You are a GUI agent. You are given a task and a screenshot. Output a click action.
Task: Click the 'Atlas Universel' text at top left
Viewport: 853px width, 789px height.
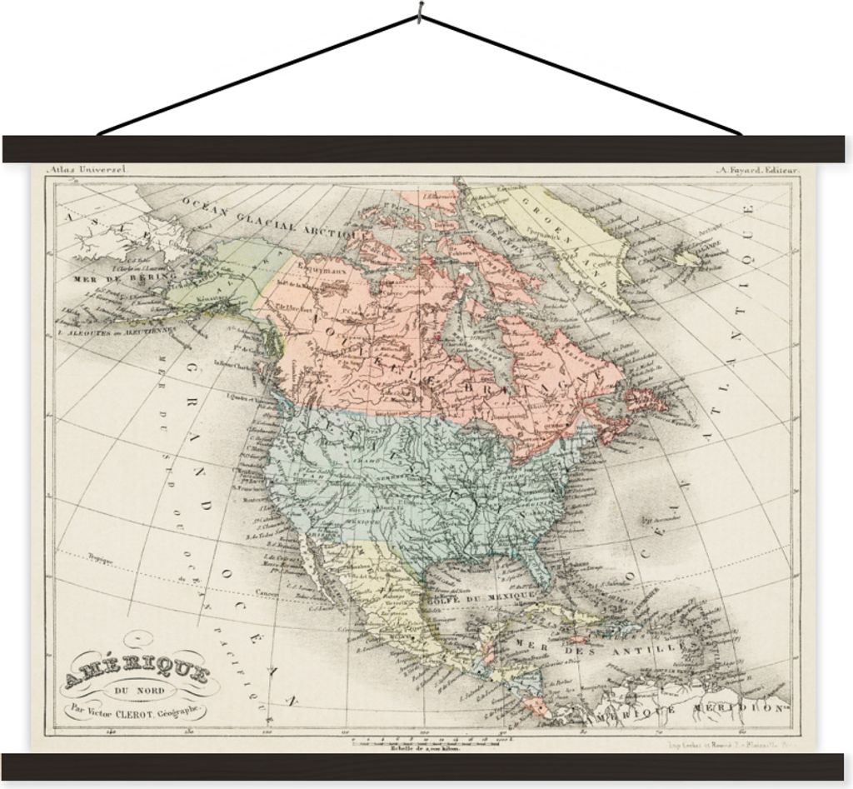87,169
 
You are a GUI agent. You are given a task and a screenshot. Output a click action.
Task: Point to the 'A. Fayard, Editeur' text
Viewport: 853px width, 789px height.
756,169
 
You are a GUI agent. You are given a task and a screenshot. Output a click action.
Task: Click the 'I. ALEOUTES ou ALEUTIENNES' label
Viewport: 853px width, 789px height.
117,330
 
